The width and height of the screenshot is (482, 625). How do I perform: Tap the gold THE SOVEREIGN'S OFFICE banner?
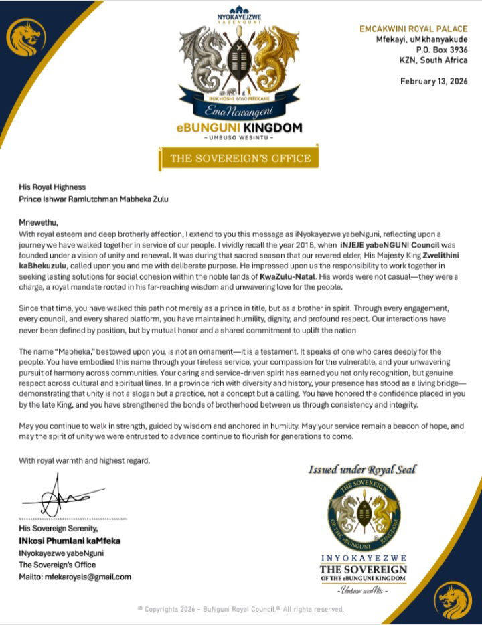(x=240, y=158)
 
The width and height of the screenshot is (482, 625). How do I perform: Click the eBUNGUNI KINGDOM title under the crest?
(x=240, y=128)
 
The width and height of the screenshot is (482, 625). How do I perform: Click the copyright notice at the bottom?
(x=240, y=609)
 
